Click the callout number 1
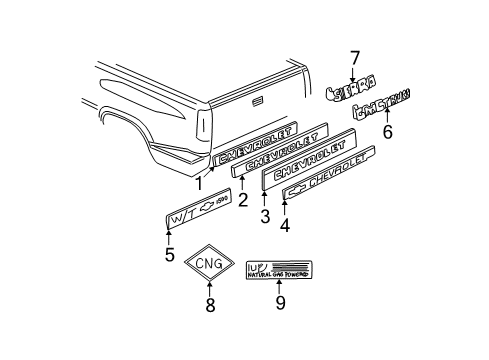pyautogui.click(x=199, y=183)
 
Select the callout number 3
pyautogui.click(x=264, y=214)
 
